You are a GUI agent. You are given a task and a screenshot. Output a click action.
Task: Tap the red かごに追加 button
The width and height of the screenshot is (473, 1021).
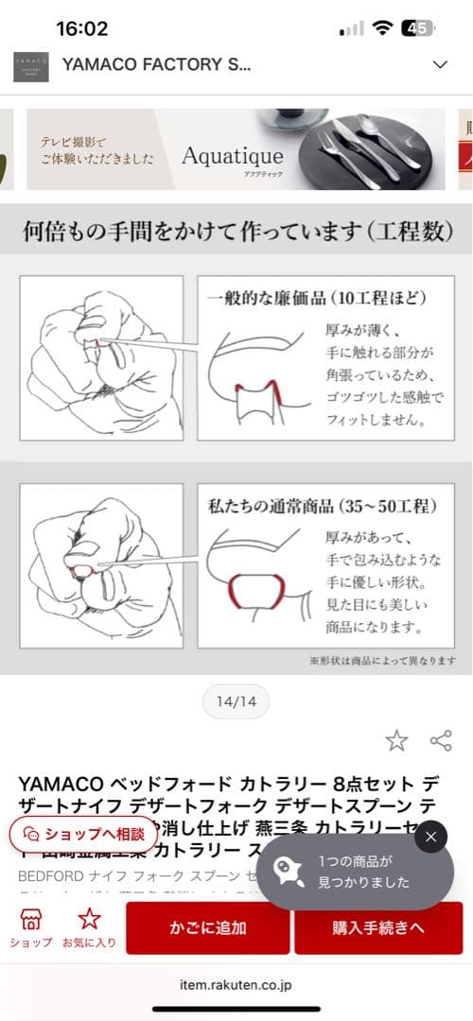(x=208, y=927)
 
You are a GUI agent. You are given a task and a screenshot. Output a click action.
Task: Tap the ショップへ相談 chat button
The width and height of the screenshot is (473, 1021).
(x=83, y=834)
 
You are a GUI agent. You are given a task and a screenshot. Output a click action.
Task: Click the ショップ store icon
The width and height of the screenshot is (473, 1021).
(x=31, y=927)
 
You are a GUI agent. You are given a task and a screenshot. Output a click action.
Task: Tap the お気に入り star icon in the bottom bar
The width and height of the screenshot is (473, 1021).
(x=90, y=927)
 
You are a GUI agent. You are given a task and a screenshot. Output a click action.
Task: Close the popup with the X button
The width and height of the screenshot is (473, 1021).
(x=430, y=837)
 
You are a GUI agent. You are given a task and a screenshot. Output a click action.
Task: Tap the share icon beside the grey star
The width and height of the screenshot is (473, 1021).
(x=440, y=740)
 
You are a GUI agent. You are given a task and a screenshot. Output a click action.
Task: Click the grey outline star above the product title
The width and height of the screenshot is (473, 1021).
(x=396, y=740)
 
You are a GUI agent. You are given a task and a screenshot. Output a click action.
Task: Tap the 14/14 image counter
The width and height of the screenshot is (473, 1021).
(x=236, y=702)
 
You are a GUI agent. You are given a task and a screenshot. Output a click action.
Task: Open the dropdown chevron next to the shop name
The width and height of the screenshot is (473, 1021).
(x=439, y=64)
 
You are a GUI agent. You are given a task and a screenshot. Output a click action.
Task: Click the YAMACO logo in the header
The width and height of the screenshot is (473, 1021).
(x=31, y=66)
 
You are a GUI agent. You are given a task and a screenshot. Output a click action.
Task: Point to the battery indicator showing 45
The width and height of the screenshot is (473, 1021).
(x=417, y=28)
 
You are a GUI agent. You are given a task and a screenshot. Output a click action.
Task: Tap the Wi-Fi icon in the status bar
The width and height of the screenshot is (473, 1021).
(x=382, y=28)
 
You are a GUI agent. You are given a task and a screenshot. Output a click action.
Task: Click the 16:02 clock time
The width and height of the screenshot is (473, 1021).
(x=82, y=28)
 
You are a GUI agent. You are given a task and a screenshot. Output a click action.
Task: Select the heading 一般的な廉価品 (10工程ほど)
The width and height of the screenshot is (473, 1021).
(x=317, y=298)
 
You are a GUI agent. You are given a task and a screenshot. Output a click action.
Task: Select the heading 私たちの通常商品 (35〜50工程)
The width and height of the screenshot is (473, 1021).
(x=323, y=507)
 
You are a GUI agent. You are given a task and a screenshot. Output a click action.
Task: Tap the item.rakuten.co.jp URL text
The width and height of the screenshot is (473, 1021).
(x=236, y=984)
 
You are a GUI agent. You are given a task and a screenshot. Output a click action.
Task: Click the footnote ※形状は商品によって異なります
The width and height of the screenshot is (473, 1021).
(x=382, y=660)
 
